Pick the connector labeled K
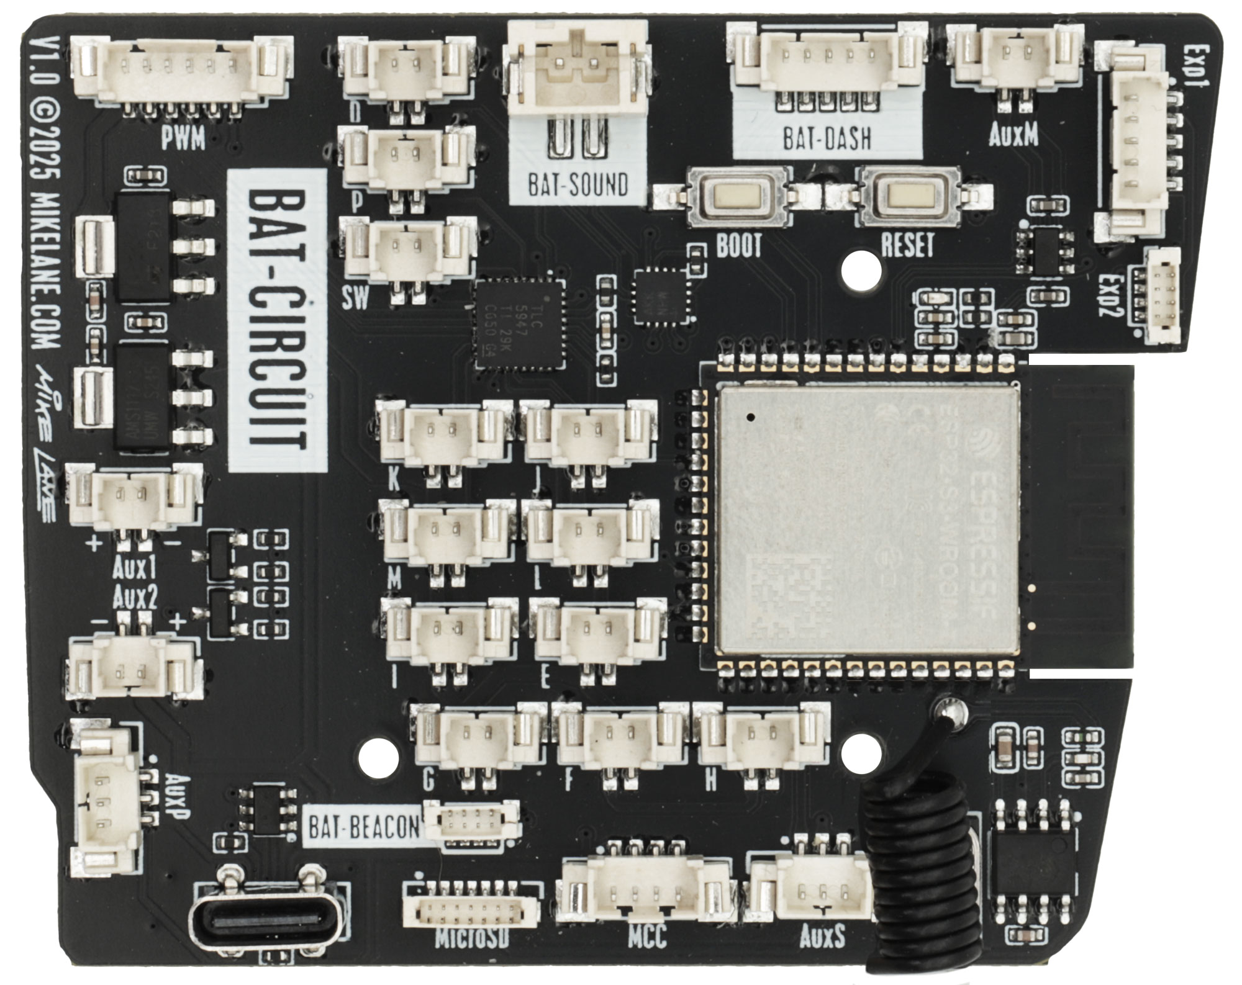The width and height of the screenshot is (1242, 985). click(x=442, y=431)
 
